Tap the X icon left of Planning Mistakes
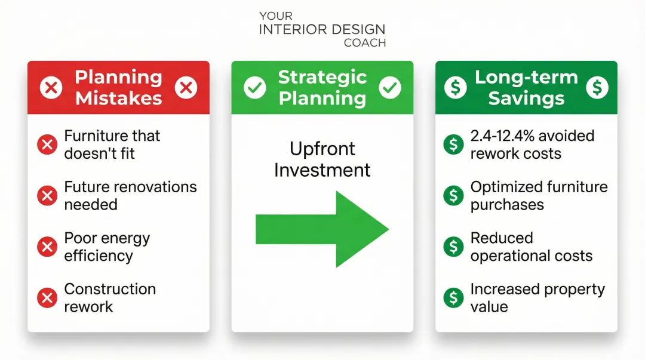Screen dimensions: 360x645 [51, 88]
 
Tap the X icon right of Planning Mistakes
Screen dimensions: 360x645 [186, 88]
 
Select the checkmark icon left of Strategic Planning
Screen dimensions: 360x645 [255, 88]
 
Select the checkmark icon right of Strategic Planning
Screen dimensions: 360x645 [390, 88]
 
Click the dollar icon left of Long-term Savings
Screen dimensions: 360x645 [456, 88]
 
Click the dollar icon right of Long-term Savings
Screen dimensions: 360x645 [597, 88]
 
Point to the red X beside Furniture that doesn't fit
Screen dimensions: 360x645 [47, 144]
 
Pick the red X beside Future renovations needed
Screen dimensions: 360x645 [47, 195]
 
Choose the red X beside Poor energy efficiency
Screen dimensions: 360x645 [47, 247]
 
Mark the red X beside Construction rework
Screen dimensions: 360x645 [47, 297]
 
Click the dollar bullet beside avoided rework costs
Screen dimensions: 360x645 [454, 144]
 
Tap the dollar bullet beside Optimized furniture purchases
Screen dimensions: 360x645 [454, 195]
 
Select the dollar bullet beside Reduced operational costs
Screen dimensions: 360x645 [454, 247]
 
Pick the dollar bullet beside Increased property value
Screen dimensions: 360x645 [454, 297]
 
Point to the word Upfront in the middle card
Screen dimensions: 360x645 [322, 149]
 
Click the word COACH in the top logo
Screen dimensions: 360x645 [365, 43]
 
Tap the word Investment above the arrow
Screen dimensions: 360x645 [322, 170]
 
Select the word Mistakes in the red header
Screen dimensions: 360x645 [118, 98]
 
